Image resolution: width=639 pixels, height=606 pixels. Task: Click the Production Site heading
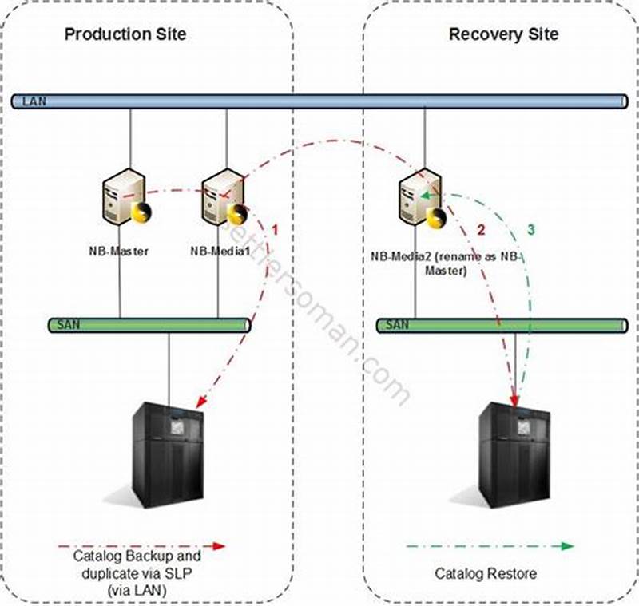click(x=125, y=34)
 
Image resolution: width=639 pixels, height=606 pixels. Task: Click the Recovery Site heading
click(x=503, y=34)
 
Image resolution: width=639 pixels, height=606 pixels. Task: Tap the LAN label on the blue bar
click(x=34, y=101)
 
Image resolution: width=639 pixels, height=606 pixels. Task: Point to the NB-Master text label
click(x=119, y=250)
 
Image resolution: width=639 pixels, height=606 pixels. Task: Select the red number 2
click(x=481, y=230)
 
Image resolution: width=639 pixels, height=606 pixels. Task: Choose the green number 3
click(x=531, y=230)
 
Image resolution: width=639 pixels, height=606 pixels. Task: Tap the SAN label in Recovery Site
click(x=397, y=325)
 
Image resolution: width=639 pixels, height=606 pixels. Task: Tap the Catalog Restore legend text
click(x=486, y=573)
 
